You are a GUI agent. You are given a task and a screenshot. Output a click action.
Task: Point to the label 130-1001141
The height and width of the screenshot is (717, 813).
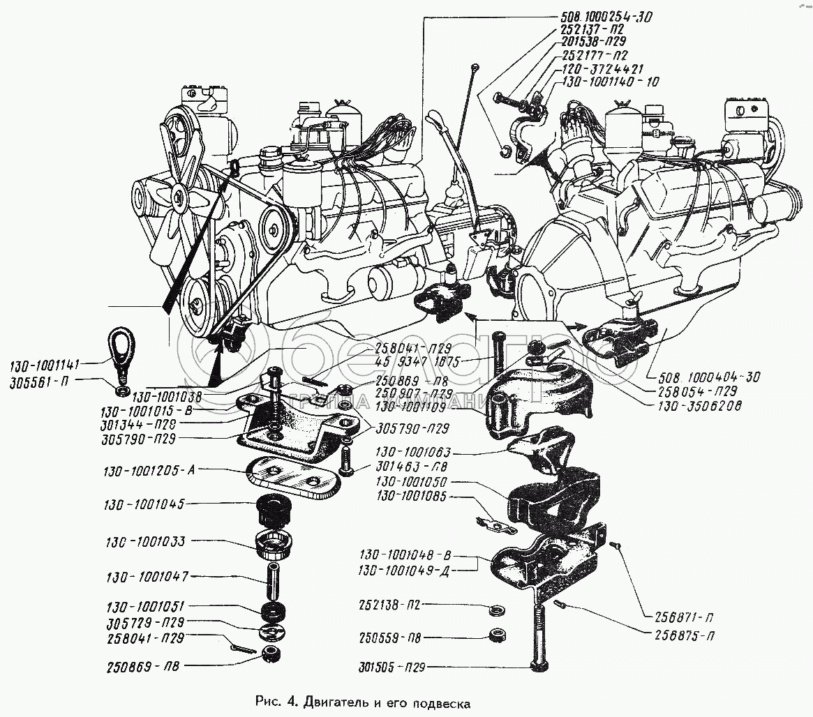[x=46, y=364]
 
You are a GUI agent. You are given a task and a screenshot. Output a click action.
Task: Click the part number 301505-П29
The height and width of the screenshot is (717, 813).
[x=389, y=667]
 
